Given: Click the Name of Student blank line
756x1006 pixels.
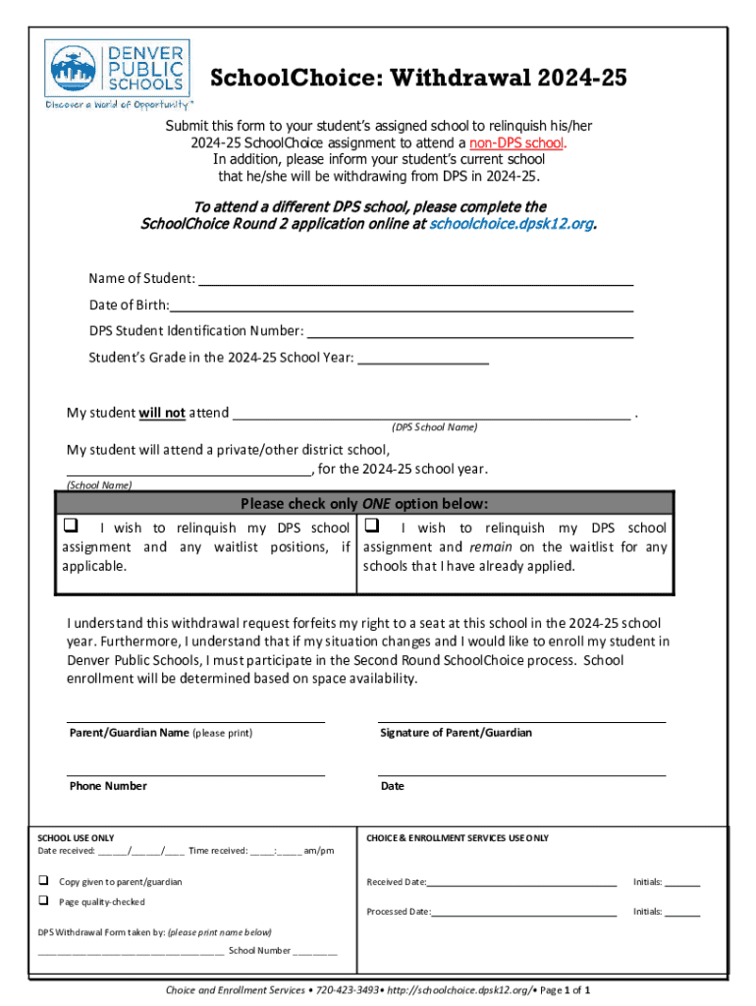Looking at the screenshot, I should point(415,280).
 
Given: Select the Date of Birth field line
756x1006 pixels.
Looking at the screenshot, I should point(401,306).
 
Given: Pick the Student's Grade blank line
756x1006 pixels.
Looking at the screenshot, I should point(423,359).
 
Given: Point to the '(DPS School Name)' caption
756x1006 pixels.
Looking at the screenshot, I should point(434,427).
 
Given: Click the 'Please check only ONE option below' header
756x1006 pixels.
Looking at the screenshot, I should point(364,504).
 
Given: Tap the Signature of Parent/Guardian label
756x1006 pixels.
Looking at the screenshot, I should point(457,733).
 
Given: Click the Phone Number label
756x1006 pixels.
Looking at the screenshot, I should point(108,786).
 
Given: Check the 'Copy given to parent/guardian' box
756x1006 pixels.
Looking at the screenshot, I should point(43,881).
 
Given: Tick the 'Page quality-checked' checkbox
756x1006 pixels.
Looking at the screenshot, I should point(43,901).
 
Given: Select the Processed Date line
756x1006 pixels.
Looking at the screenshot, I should point(523,912).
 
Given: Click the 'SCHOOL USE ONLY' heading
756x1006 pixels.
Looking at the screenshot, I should point(76,838).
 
